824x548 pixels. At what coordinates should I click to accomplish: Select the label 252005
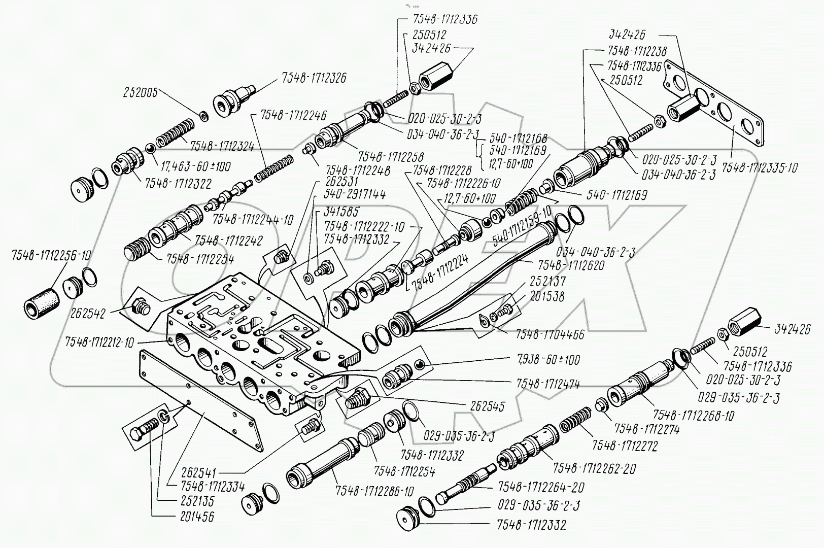click(x=140, y=92)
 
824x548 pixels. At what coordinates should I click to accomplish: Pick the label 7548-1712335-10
click(x=759, y=167)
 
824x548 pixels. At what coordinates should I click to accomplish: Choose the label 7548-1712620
click(x=570, y=265)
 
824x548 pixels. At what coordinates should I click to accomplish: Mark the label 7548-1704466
click(x=550, y=334)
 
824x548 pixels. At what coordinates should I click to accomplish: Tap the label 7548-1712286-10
click(x=374, y=491)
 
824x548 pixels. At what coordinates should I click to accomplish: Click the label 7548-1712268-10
click(x=693, y=416)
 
